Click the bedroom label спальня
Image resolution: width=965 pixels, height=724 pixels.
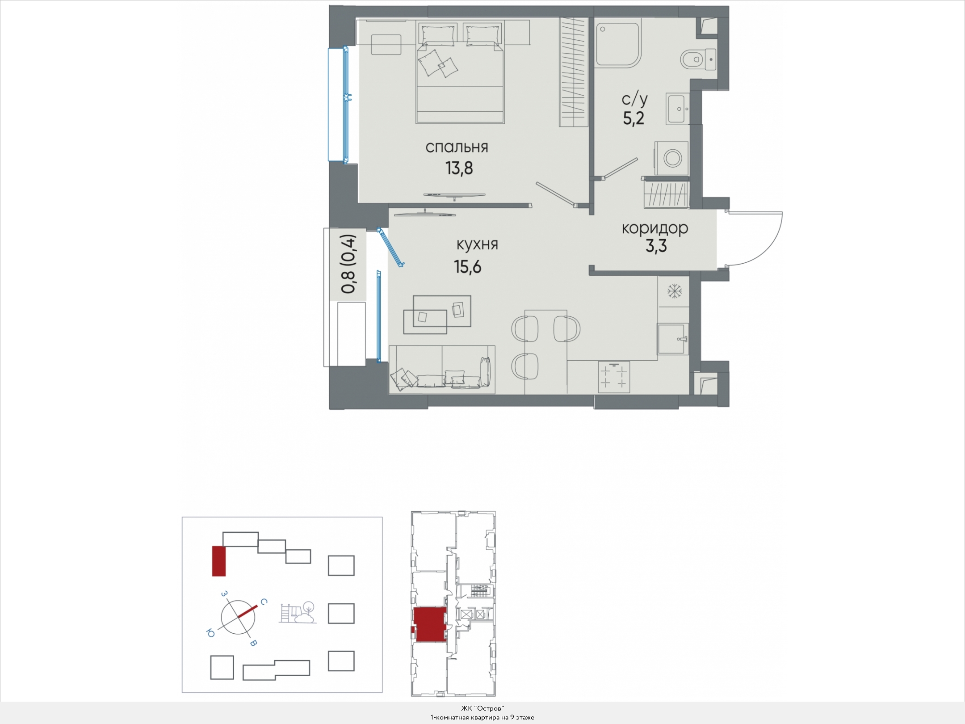(457, 147)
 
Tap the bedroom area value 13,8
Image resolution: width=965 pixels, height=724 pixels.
(459, 168)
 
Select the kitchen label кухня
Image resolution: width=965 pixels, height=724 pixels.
(477, 244)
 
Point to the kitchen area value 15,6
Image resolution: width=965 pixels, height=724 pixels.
(468, 267)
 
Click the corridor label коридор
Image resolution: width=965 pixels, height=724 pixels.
(655, 228)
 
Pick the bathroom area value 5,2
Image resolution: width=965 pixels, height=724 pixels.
(634, 118)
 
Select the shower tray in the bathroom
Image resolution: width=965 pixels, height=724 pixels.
(618, 43)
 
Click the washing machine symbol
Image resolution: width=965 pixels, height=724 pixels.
(671, 158)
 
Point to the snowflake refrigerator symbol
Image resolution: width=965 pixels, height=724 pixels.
(674, 291)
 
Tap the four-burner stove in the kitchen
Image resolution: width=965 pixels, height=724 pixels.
(614, 377)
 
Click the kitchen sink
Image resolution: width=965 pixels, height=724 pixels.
(673, 338)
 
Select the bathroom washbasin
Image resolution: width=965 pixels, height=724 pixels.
(678, 109)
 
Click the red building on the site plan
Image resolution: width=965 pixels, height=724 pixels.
(218, 561)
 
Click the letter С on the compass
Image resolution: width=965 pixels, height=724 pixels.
(264, 602)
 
